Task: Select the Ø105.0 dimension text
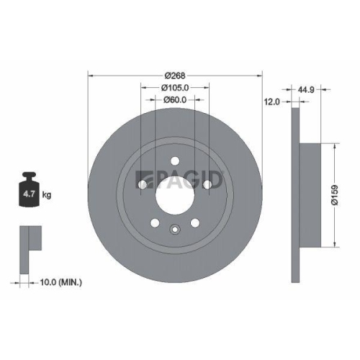point(175,89)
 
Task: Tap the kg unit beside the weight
point(47,194)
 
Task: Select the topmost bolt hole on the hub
point(175,161)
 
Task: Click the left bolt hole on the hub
point(143,186)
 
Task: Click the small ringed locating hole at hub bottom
point(175,230)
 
